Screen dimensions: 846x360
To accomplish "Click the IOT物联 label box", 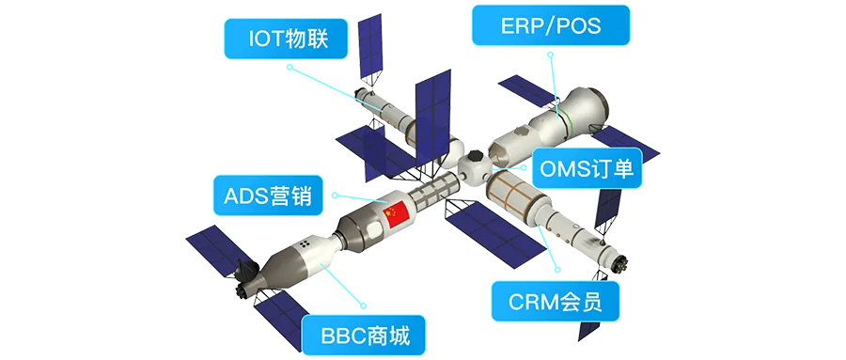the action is (286, 39).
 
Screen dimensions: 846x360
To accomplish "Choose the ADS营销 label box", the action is (260, 197).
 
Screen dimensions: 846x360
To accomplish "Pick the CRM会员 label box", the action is (556, 302).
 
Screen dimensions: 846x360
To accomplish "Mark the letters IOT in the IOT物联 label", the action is (266, 39).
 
